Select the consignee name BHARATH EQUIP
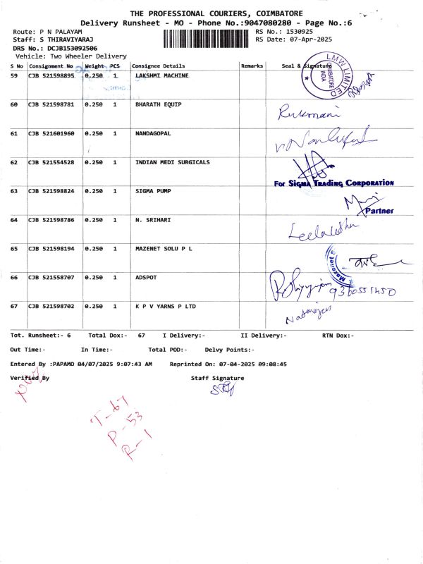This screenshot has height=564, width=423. click(158, 104)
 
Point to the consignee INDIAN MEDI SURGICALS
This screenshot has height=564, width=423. click(172, 162)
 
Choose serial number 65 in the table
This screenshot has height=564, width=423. click(14, 249)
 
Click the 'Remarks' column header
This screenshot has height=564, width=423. click(252, 66)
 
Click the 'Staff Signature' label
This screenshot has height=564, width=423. click(217, 379)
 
